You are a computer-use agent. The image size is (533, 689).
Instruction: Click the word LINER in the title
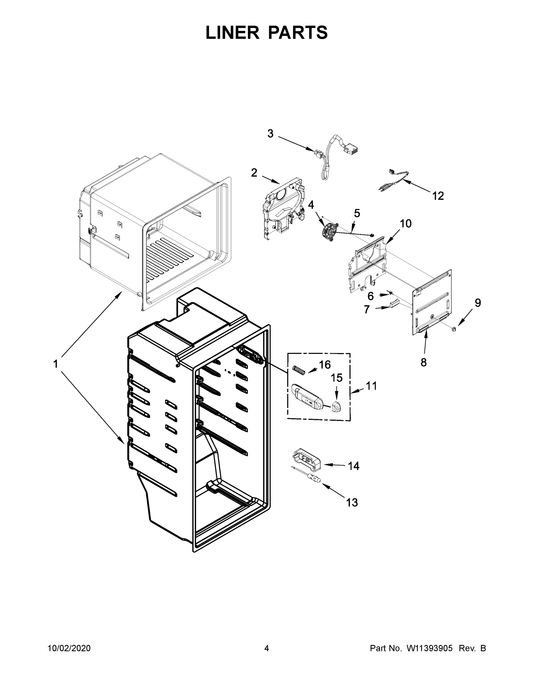point(232,33)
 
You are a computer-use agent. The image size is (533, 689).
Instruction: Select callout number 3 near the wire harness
point(270,134)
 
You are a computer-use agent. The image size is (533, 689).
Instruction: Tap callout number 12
point(438,196)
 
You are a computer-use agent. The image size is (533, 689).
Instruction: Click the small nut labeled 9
point(454,329)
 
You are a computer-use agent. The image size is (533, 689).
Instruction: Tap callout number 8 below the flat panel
point(424,363)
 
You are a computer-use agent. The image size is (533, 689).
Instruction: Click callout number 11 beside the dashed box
point(371,386)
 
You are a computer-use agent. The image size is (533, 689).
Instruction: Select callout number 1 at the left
point(55,364)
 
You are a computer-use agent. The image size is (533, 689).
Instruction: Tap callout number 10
point(406,224)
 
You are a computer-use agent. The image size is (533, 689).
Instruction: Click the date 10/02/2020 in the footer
point(69,649)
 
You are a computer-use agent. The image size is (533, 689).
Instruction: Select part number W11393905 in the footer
point(430,649)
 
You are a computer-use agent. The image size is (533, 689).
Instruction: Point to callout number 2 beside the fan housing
point(254,173)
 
